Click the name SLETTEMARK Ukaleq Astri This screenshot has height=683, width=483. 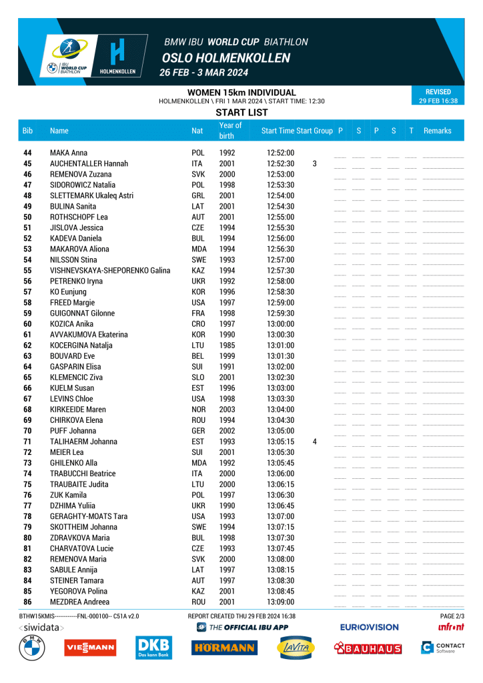click(91, 195)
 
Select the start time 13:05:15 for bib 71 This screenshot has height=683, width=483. click(280, 442)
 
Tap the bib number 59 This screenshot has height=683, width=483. click(27, 313)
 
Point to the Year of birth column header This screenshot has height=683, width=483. click(230, 131)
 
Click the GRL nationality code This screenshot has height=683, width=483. click(198, 195)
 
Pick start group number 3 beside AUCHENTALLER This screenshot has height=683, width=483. click(314, 163)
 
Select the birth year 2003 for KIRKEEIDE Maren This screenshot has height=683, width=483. click(227, 409)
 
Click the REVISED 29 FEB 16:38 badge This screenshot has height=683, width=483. click(438, 97)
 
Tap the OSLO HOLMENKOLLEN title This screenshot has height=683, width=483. click(225, 58)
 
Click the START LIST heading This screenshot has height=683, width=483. click(241, 113)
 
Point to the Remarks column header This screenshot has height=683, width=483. click(437, 131)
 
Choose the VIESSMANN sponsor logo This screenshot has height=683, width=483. click(89, 647)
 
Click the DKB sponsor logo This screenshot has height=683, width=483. click(153, 648)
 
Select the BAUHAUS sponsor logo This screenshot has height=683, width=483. click(368, 648)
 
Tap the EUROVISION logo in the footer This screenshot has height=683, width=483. click(369, 627)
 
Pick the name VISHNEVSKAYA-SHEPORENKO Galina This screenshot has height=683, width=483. click(110, 270)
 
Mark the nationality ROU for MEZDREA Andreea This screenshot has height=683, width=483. click(198, 602)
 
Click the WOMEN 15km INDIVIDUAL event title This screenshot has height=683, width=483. click(241, 92)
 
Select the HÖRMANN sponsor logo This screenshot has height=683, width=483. click(223, 648)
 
